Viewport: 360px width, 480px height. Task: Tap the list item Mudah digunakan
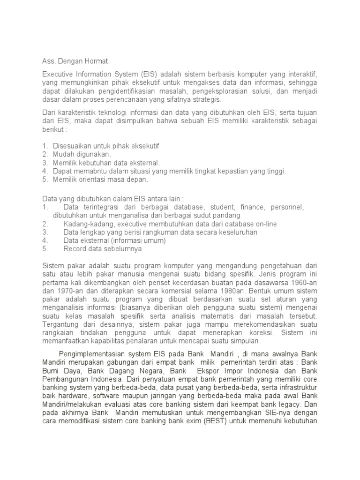[x=82, y=154]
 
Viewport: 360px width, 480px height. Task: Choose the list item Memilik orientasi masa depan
[x=100, y=180]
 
